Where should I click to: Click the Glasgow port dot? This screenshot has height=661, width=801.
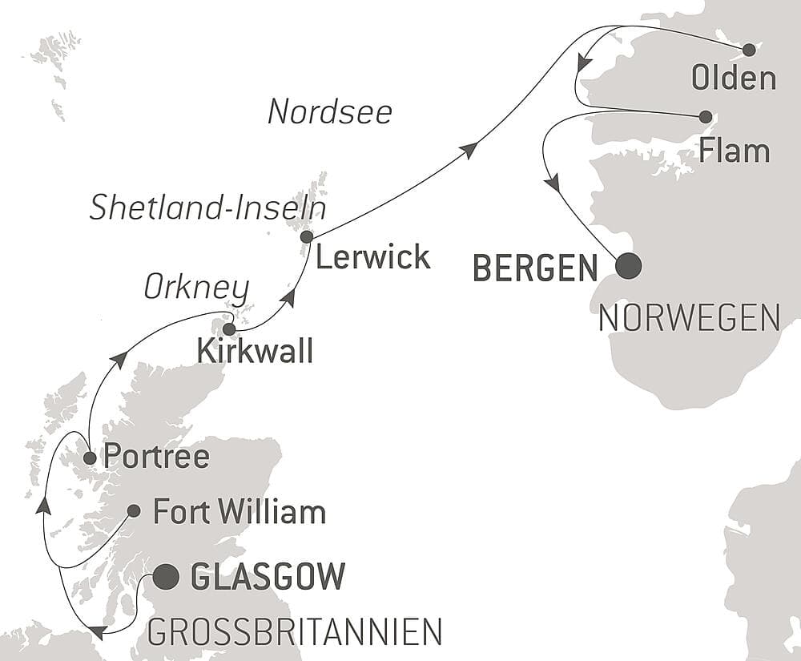pos(166,576)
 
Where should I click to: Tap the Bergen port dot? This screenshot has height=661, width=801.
pos(628,266)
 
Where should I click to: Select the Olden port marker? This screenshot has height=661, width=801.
pos(749,50)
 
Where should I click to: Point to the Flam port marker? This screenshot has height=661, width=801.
pos(706,116)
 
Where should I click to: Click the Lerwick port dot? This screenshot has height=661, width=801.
pos(306,236)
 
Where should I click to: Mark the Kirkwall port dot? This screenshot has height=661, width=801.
pos(229,328)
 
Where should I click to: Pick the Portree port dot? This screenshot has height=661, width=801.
pos(90,458)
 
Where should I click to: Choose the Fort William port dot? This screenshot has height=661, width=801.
pos(134,510)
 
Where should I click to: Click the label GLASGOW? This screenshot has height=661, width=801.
pos(268,576)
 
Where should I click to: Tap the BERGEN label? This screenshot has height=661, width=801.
pos(535,268)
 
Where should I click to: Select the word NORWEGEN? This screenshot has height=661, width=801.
pos(689,318)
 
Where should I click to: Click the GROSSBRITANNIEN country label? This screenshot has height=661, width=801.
pos(294,632)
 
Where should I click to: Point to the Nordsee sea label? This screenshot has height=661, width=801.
pos(330,112)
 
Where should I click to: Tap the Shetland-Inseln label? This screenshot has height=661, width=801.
pos(207,208)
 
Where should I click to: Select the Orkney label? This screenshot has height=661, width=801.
pos(197,288)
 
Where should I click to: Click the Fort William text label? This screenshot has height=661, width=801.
pos(239,512)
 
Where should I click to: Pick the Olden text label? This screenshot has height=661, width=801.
pos(735,79)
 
